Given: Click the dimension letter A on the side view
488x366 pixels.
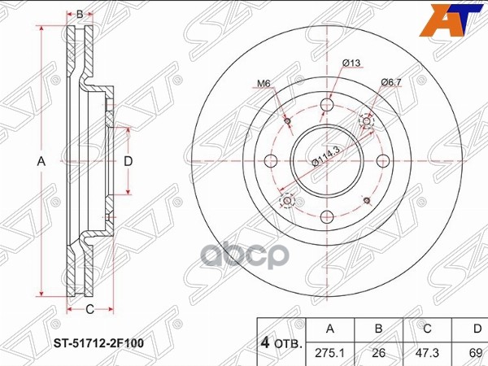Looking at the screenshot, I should (x=41, y=162).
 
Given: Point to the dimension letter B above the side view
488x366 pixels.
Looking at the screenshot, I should (x=79, y=13).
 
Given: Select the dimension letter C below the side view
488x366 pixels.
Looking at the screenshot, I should (x=90, y=307).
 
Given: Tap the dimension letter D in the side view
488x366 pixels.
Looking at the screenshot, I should (x=128, y=161).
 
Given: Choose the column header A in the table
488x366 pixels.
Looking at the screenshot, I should (x=329, y=329).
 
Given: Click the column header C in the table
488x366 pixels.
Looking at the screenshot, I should (x=426, y=329).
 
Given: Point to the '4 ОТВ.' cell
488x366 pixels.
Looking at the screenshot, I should (x=281, y=342).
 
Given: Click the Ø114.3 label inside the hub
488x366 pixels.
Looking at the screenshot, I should (x=326, y=155).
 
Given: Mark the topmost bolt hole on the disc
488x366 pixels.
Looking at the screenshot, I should (x=327, y=105).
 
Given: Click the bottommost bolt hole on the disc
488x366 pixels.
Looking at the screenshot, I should (x=327, y=216).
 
